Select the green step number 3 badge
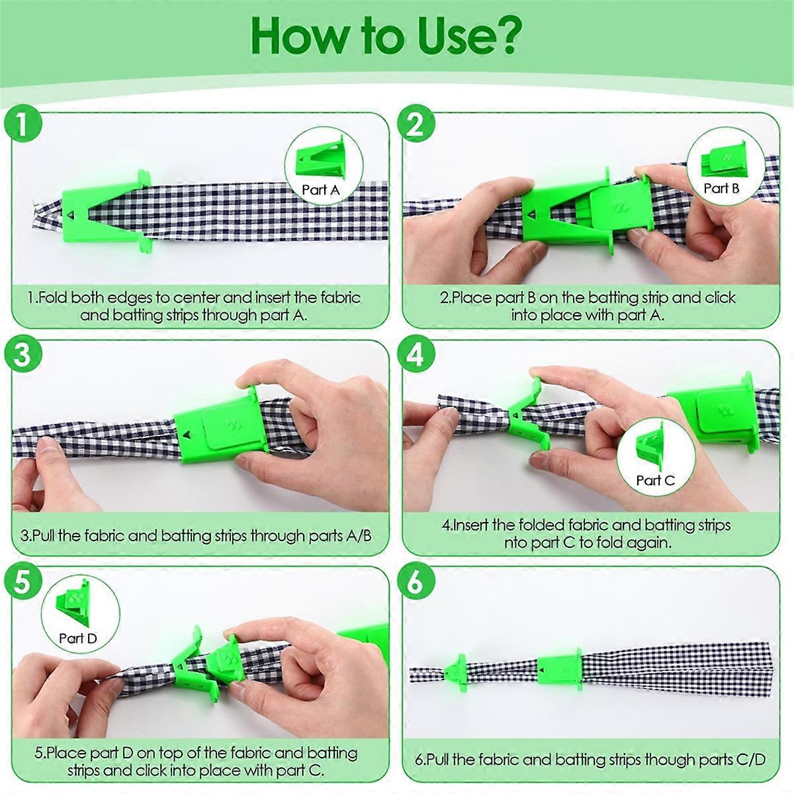pos(23,353)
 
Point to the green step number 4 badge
pos(416,353)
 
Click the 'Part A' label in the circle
pos(321,190)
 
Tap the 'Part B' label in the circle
pos(721,189)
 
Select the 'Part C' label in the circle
pos(656,480)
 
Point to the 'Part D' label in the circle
pos(78,639)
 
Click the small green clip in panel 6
pos(456,673)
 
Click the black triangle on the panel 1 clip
pos(71,214)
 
